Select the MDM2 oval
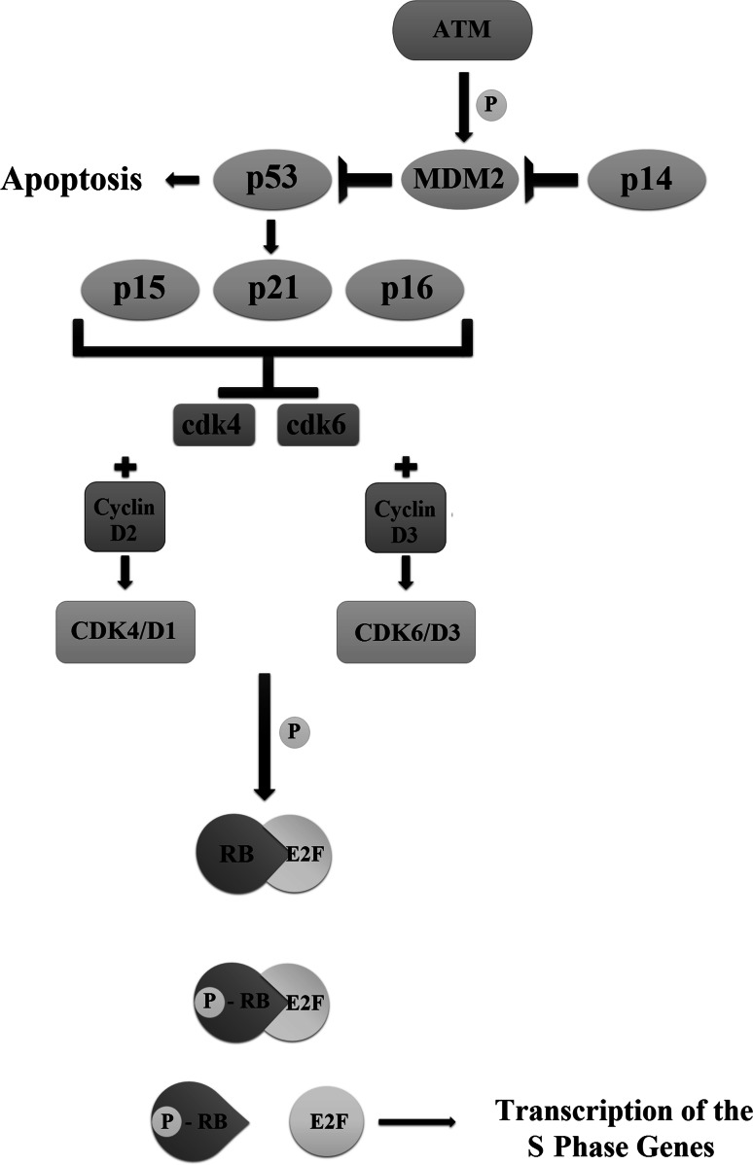[459, 179]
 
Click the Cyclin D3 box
[407, 514]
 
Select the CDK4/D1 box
[125, 633]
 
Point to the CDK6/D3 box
[407, 635]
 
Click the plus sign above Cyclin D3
[408, 467]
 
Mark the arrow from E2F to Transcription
[416, 1122]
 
